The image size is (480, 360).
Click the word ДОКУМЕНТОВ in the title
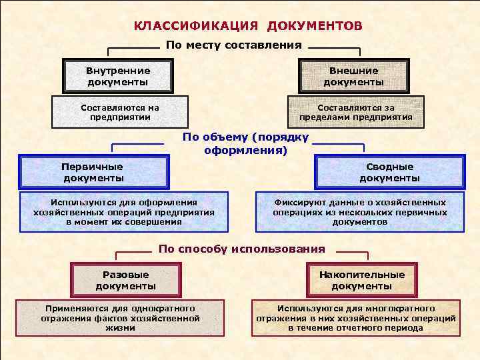coord(315,26)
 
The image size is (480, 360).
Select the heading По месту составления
coord(233,45)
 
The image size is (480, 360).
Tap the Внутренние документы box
coord(117,76)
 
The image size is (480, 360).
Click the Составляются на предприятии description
coord(119,112)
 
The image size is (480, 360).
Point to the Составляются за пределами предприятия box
coord(355,112)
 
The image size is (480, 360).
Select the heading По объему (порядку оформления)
coord(245,143)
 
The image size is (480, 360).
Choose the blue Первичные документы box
coord(93,172)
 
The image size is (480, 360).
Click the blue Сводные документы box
coord(389,172)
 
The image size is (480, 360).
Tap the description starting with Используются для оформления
coord(124,212)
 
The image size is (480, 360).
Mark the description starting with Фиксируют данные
coord(359,212)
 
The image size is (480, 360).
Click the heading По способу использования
coord(241,249)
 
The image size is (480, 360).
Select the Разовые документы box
coord(125,280)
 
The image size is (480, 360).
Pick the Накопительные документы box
coord(361,280)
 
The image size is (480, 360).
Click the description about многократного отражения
coord(356,318)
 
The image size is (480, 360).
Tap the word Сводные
coord(389,167)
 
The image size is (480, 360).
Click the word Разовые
coord(125,275)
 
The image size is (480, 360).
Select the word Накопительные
coord(361,275)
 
